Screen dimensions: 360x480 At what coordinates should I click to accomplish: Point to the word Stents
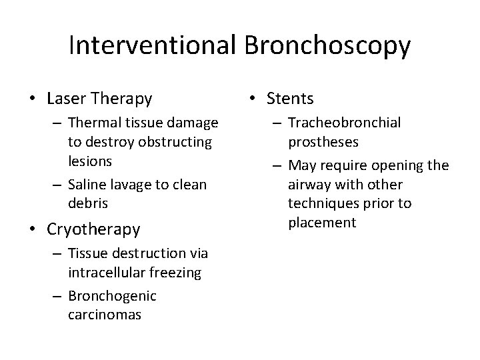pos(289,99)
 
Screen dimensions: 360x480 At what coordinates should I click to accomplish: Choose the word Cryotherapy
pos(93,229)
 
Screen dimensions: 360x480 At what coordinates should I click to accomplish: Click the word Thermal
pos(91,124)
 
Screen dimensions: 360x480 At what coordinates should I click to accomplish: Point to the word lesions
pos(90,161)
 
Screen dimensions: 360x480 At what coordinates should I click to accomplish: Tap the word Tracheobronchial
pos(345,124)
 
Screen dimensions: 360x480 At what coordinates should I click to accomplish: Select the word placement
pos(322,221)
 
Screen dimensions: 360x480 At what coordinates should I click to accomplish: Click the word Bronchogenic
pos(112,296)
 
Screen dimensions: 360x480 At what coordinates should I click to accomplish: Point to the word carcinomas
pos(105,314)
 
